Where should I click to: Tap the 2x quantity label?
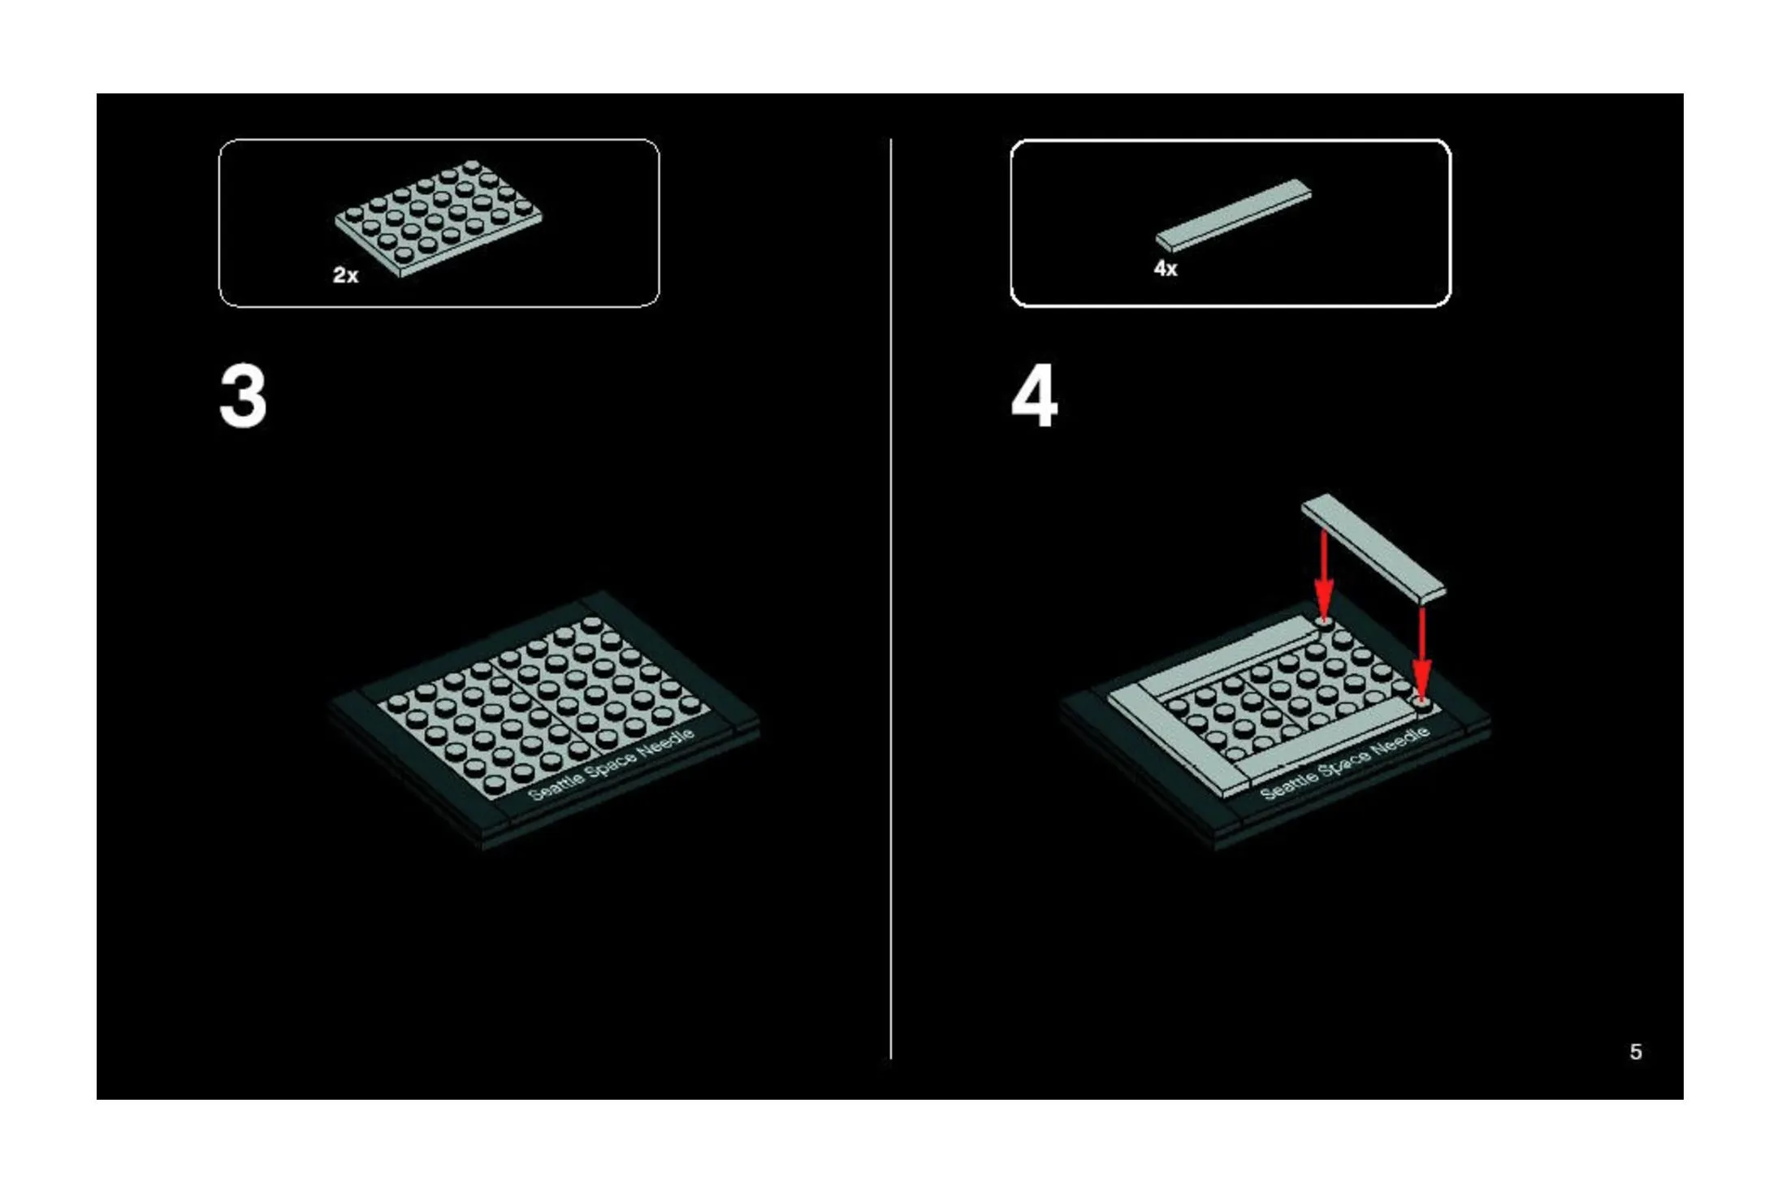coord(345,275)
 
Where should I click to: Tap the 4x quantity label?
coord(1166,268)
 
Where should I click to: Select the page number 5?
coord(1636,1052)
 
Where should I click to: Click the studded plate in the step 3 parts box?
coord(439,218)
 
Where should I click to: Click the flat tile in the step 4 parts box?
coord(1233,215)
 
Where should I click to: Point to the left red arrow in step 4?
coord(1324,575)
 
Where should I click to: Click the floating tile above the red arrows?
coord(1373,548)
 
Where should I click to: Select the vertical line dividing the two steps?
coord(891,599)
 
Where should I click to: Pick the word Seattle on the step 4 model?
coord(1289,787)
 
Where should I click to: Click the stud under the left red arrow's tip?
coord(1324,623)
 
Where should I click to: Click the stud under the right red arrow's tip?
coord(1421,701)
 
